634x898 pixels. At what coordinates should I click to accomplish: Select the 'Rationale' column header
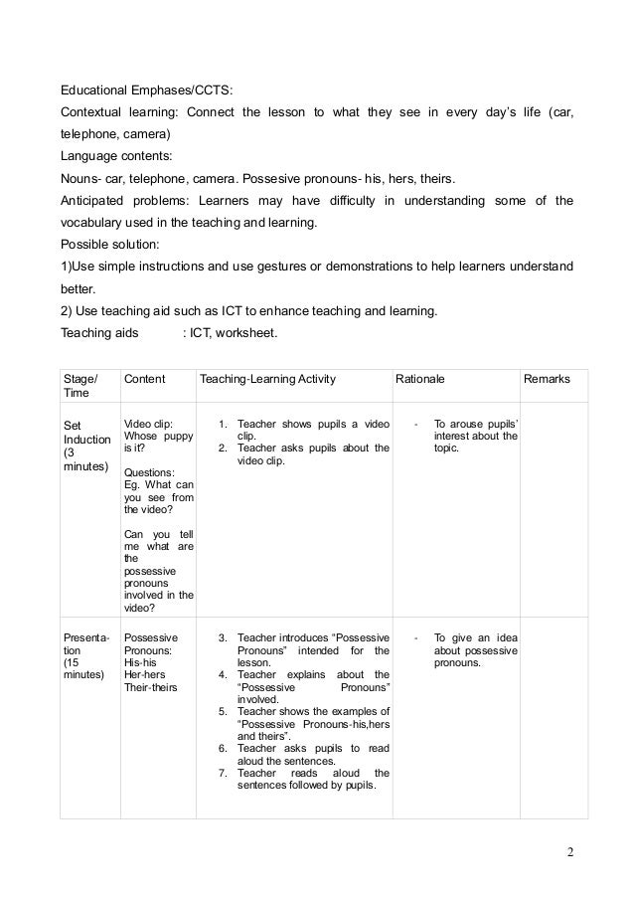(419, 380)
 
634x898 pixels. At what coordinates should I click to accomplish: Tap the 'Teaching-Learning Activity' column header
(267, 380)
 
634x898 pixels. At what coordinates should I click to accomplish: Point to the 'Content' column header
(144, 380)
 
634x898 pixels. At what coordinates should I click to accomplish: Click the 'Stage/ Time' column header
(80, 387)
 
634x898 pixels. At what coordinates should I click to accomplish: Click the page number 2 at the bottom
(570, 852)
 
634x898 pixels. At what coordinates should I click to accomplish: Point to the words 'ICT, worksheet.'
(237, 333)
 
